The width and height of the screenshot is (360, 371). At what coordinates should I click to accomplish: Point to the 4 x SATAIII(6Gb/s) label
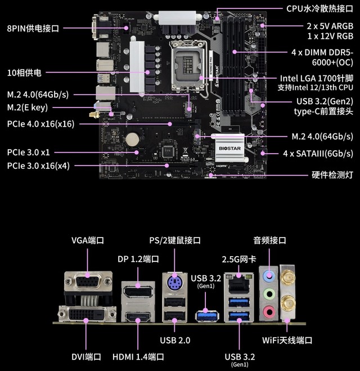tap(318, 153)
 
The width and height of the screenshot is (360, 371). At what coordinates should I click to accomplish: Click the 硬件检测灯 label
tap(332, 175)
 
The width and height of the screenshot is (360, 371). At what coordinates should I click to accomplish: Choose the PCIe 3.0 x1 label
tap(29, 152)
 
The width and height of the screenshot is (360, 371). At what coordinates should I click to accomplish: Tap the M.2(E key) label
tap(27, 108)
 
